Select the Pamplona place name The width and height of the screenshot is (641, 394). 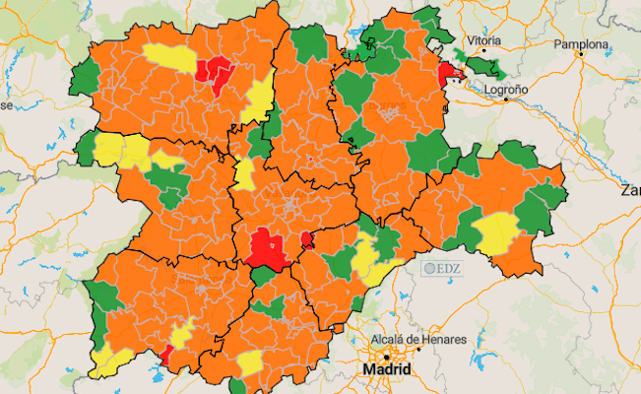(582, 44)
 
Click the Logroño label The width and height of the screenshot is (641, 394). (507, 89)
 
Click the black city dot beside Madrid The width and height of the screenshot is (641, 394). (388, 356)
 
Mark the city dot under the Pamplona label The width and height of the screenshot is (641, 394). (582, 54)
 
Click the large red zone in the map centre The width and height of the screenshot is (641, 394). (265, 247)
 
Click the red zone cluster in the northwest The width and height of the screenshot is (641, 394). (214, 70)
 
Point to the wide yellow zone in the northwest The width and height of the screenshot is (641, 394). (170, 57)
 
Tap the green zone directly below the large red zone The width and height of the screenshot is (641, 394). (262, 276)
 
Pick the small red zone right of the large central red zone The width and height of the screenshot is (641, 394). (307, 240)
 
